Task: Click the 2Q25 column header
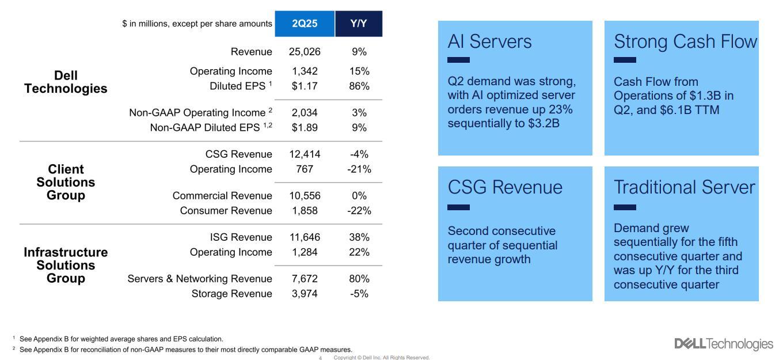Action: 305,24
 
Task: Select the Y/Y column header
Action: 359,24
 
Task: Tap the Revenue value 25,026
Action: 305,52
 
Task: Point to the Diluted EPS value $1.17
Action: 305,86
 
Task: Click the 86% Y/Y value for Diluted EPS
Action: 359,86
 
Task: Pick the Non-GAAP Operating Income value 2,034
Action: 305,113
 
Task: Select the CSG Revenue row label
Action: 238,154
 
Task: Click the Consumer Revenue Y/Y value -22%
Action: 359,211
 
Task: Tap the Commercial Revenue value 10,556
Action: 305,196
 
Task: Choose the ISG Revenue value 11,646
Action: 305,237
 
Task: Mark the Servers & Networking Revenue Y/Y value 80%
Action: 359,279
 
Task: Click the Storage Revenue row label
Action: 231,294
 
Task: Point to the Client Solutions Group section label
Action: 66,182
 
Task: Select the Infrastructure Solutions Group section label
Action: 66,265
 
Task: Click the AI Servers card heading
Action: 490,41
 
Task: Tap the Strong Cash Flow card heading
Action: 685,41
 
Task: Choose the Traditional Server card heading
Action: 684,187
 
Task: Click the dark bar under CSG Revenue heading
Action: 458,207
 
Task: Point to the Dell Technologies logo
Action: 724,344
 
